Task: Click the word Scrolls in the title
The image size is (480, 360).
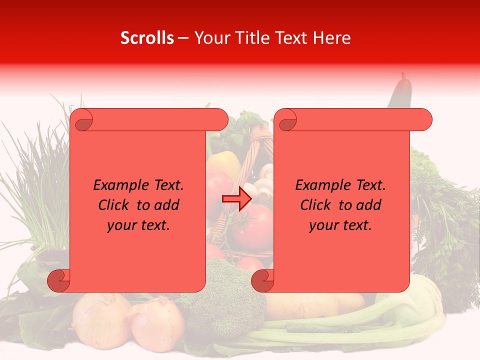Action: (147, 38)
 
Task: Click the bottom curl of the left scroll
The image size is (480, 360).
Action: (59, 281)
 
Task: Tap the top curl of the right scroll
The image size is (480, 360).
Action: (286, 120)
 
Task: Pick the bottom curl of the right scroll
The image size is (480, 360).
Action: (262, 281)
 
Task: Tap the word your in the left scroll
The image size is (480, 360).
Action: (120, 225)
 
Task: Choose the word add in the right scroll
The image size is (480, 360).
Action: (368, 205)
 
